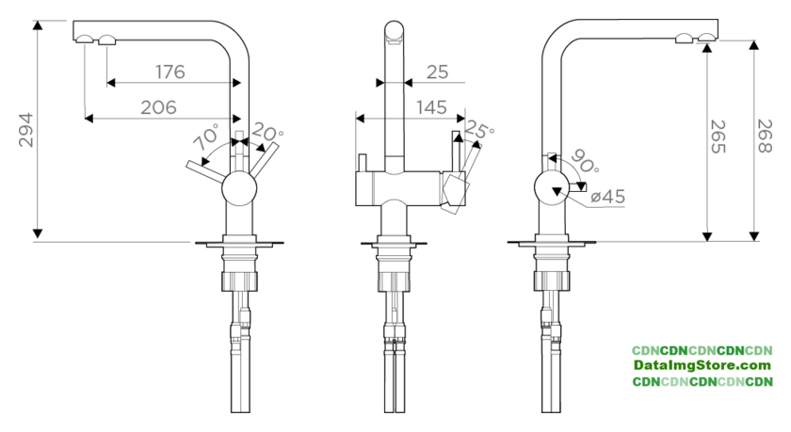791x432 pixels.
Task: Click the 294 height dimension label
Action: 25,130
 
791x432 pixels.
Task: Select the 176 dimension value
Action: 170,72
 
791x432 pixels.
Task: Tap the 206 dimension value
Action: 158,107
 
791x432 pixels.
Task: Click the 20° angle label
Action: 267,132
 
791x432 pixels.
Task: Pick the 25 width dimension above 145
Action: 437,72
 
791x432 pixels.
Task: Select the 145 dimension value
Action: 431,107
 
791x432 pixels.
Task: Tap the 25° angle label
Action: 478,129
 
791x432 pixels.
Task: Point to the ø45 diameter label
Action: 608,197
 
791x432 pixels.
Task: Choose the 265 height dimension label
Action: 718,136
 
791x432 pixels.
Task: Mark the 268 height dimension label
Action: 765,136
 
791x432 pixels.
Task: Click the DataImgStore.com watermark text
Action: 702,365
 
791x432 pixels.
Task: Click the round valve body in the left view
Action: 239,188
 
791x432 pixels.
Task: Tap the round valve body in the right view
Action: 552,187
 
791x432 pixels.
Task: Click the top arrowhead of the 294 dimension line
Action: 38,25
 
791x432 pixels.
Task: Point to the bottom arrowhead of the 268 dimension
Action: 754,236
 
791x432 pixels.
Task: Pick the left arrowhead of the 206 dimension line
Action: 89,119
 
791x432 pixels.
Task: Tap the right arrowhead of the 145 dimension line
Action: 460,119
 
